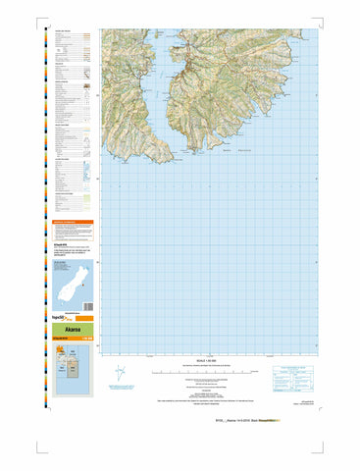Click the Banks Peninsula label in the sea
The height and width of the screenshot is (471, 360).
click(241, 149)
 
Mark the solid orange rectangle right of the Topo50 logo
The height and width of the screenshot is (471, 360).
click(84, 319)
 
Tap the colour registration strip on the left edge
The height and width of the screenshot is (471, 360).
click(44, 196)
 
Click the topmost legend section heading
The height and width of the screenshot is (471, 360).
click(63, 31)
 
